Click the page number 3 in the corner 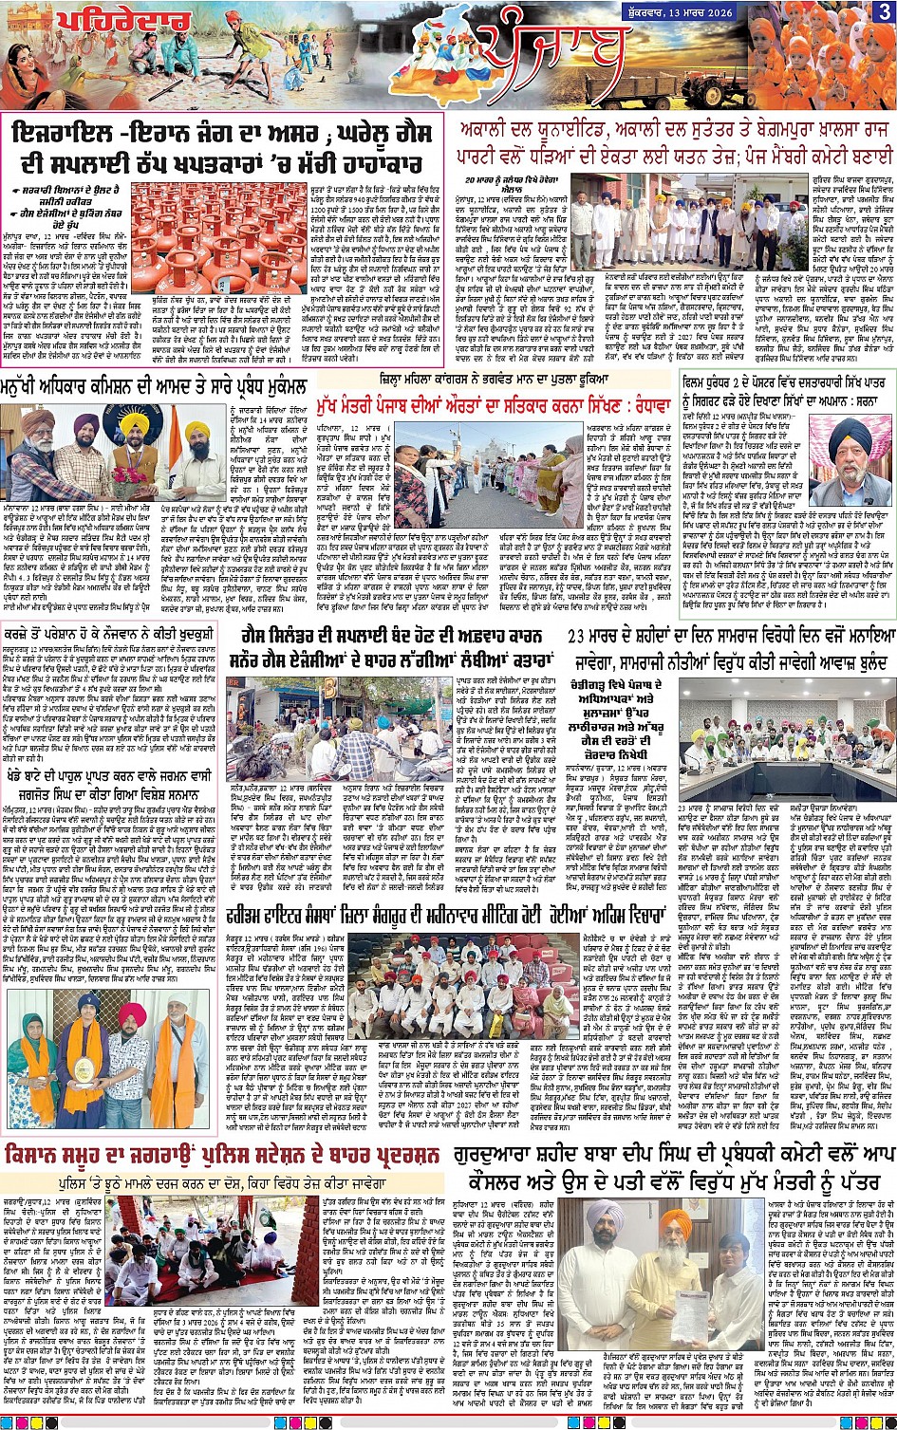point(883,11)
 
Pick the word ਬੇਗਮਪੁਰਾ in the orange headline point(720,130)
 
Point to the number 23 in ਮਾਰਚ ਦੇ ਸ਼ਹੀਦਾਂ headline point(580,636)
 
